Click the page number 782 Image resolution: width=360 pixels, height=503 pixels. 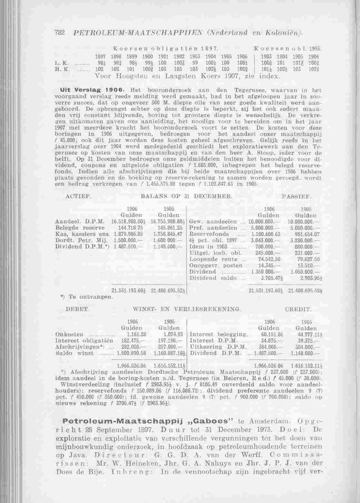(x=61, y=33)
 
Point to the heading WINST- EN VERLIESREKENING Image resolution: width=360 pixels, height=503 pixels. (x=187, y=309)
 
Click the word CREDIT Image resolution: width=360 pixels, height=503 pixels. (x=298, y=309)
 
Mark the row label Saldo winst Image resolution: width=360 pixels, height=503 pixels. (x=74, y=353)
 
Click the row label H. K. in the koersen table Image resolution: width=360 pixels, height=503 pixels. (x=61, y=69)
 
